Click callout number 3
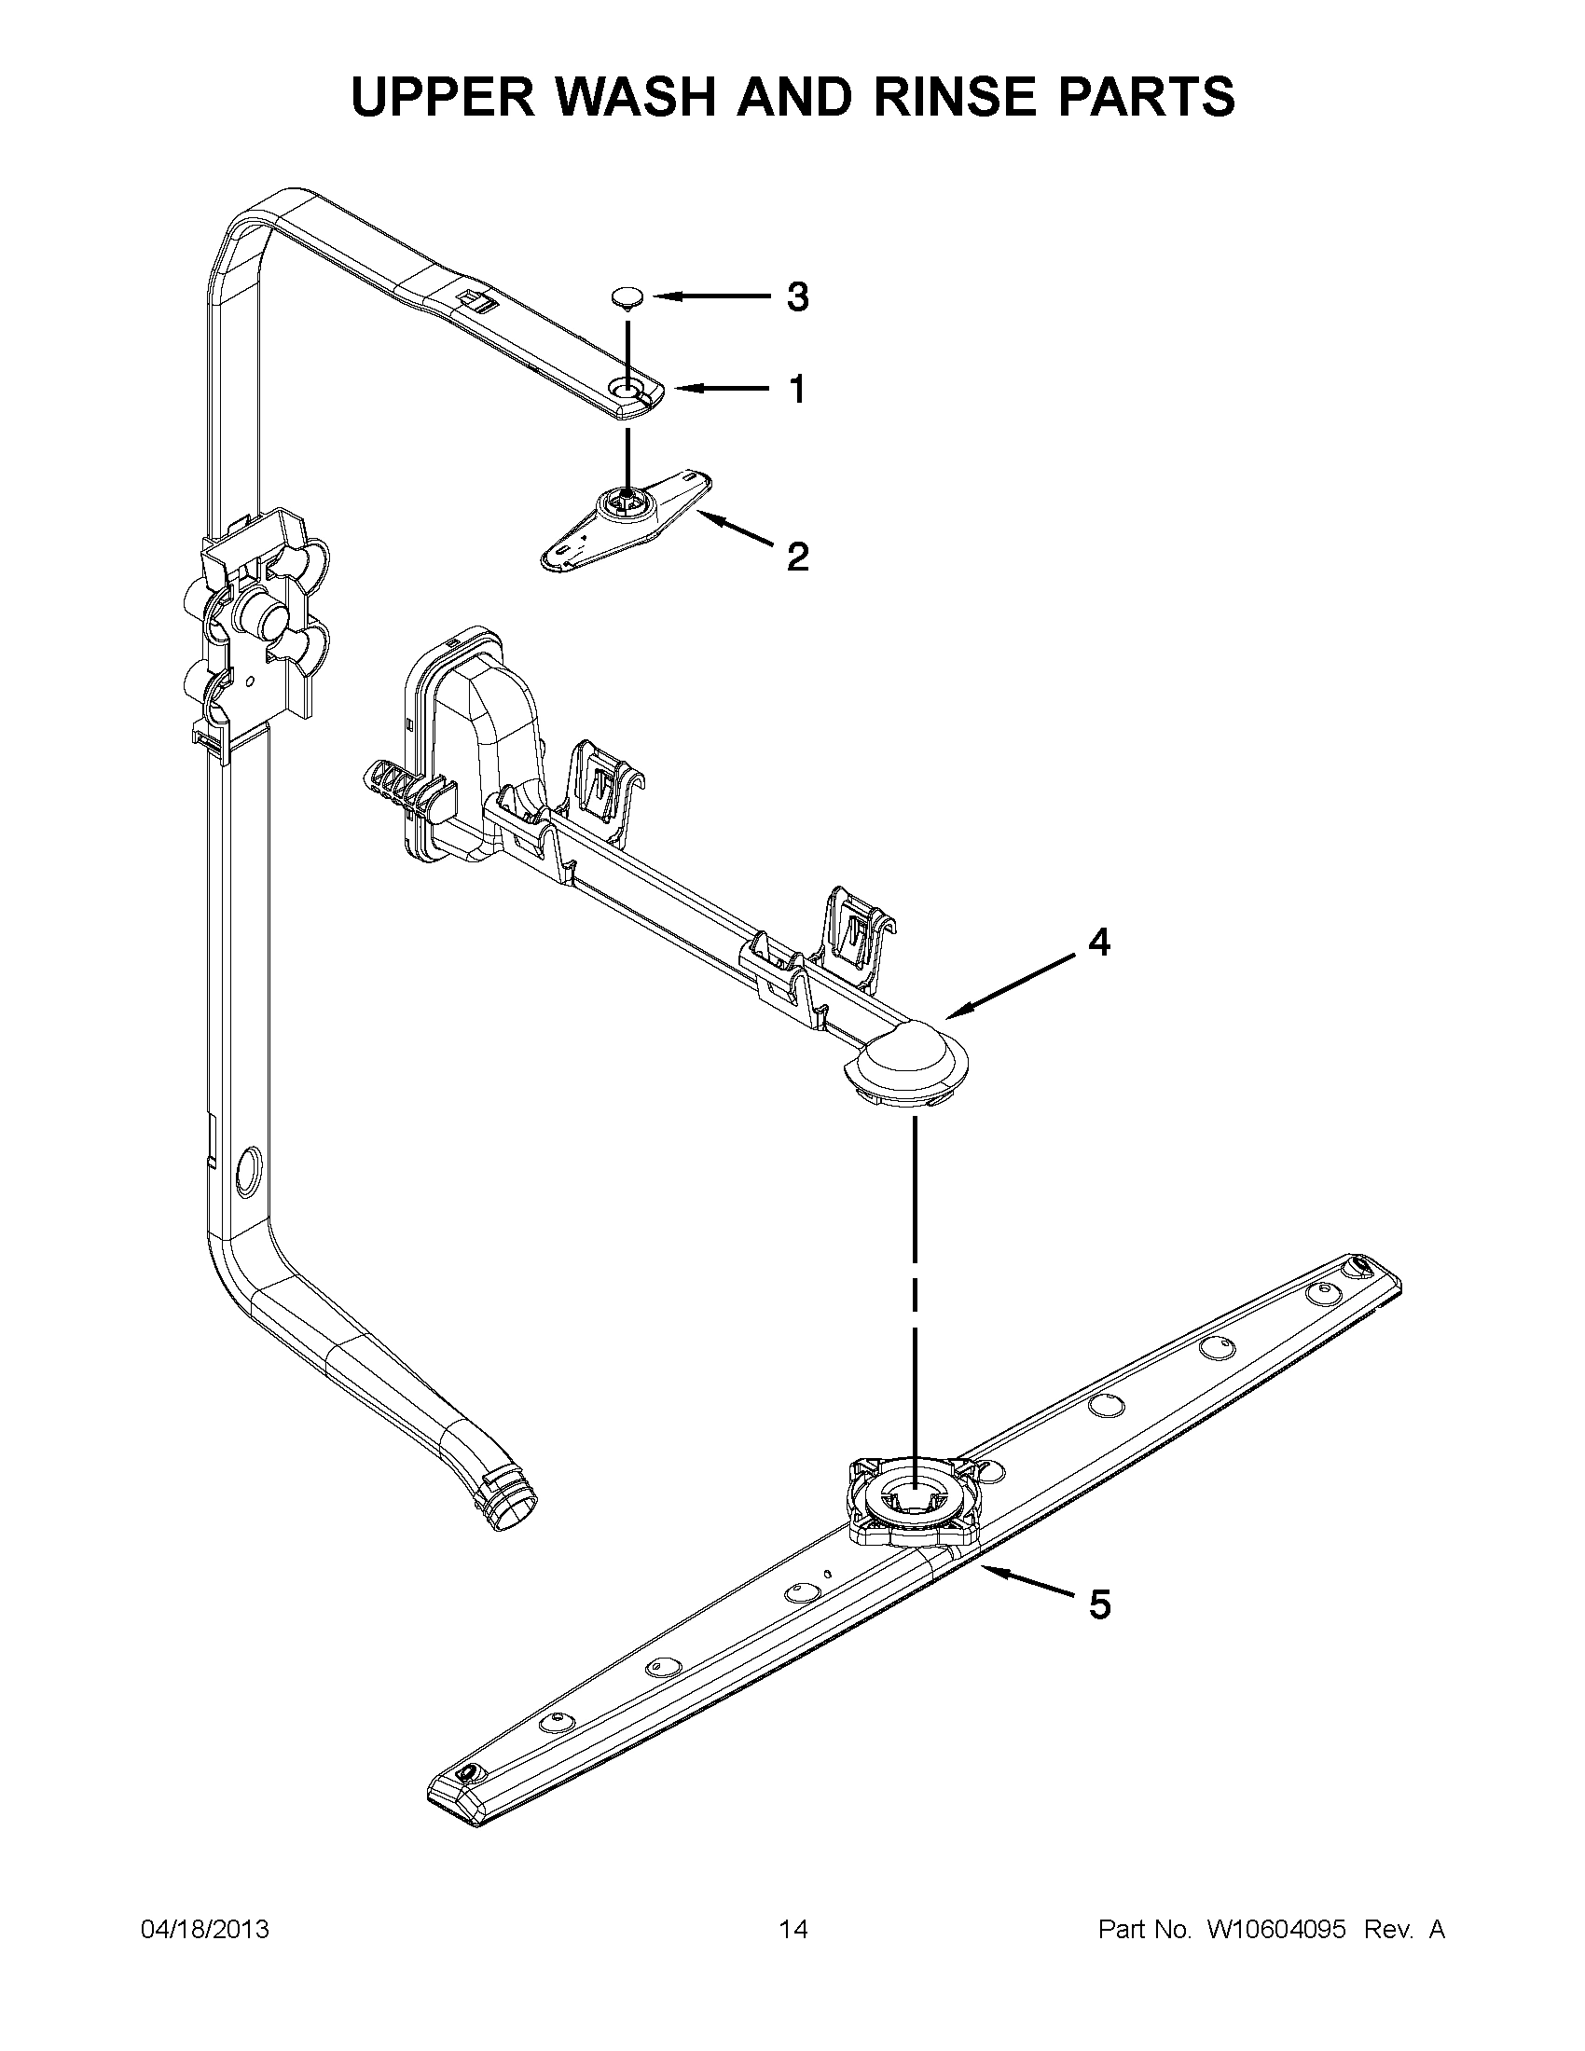click(796, 297)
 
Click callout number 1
click(796, 389)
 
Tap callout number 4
click(1098, 942)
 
